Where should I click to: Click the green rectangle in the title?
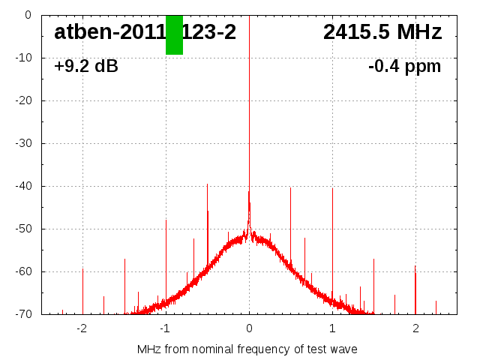pyautogui.click(x=174, y=34)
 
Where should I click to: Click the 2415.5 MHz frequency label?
pyautogui.click(x=382, y=32)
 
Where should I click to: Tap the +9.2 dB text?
pyautogui.click(x=86, y=66)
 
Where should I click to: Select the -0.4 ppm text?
pyautogui.click(x=404, y=66)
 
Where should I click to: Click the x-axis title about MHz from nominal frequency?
pyautogui.click(x=247, y=349)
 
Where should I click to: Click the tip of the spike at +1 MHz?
pyautogui.click(x=332, y=188)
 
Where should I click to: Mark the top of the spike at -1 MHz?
pyautogui.click(x=166, y=220)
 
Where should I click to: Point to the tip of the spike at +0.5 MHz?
pyautogui.click(x=290, y=187)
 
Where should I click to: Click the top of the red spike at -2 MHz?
pyautogui.click(x=82, y=268)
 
